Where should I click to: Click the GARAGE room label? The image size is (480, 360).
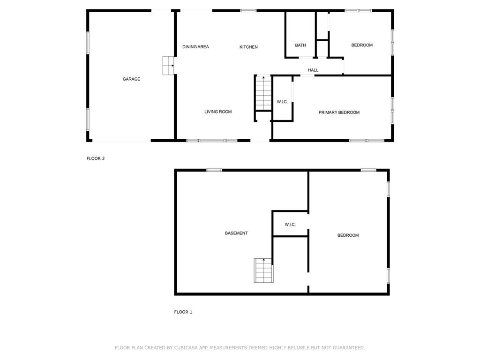131,79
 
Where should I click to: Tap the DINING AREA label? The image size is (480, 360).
195,47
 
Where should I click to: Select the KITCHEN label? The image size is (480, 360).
248,47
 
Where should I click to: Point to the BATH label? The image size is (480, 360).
300,45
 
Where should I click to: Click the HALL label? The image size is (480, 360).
313,70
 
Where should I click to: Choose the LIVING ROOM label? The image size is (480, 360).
218,112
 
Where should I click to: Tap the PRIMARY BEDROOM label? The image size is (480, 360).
339,112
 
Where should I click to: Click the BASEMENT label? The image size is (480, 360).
236,233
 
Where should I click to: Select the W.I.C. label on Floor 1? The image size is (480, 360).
290,225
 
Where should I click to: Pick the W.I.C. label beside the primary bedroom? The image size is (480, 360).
282,102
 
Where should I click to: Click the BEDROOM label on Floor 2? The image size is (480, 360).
362,45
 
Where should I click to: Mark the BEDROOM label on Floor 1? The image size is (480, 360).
348,235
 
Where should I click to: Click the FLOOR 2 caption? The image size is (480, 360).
96,158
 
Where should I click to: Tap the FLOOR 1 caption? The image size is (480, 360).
183,312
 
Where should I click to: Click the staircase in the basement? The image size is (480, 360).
263,270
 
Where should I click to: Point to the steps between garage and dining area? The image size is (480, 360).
168,66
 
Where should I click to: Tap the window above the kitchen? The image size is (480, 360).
248,10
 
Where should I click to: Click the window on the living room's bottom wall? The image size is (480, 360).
212,140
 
